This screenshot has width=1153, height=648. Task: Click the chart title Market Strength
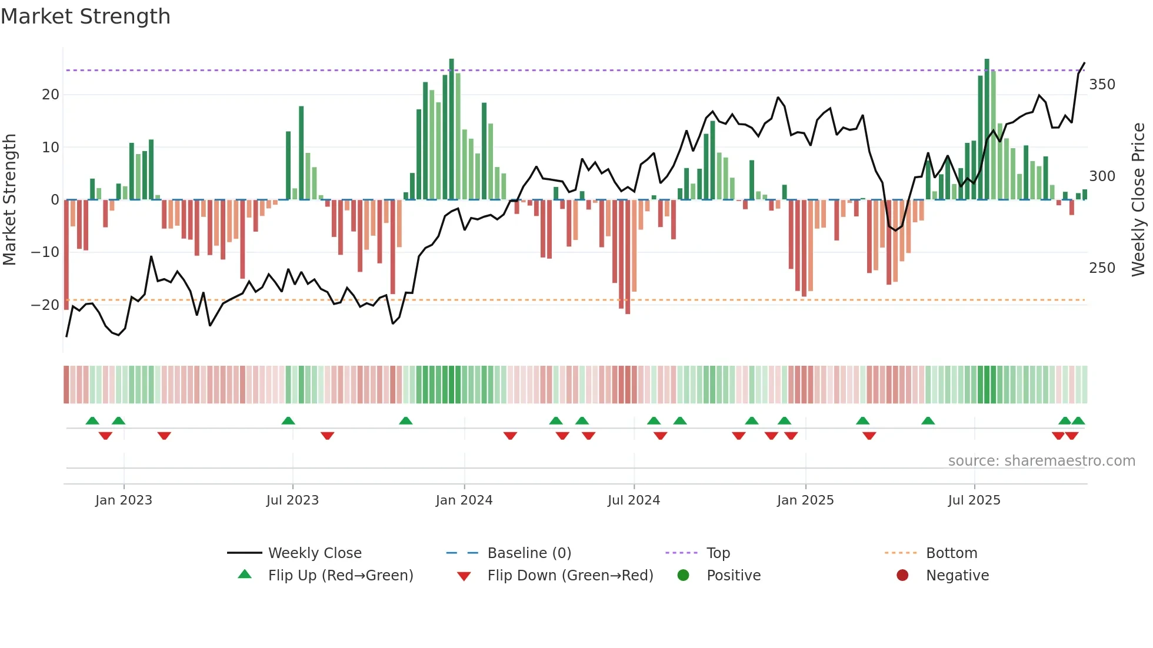click(85, 16)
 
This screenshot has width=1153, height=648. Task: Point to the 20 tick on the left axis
click(51, 95)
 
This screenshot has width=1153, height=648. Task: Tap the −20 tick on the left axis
click(45, 305)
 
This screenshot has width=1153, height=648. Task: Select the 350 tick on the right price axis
click(1102, 85)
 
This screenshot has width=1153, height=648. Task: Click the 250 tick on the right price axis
click(1102, 268)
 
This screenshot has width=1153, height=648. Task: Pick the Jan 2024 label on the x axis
click(464, 500)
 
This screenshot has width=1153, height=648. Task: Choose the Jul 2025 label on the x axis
click(974, 500)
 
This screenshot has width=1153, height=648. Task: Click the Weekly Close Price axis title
click(1138, 200)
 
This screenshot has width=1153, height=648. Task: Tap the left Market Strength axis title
click(9, 200)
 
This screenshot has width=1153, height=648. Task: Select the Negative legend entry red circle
click(902, 576)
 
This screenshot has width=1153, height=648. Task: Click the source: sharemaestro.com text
click(1041, 461)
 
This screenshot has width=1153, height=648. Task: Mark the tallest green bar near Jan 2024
click(451, 129)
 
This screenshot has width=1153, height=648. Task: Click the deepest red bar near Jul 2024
click(628, 257)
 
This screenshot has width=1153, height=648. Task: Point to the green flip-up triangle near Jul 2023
click(288, 421)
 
